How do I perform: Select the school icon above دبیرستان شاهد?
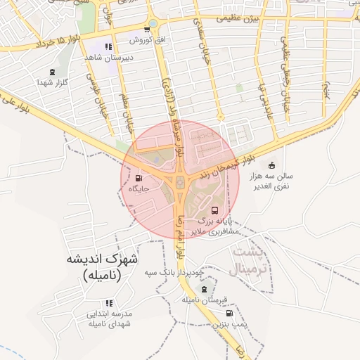tap(108, 46)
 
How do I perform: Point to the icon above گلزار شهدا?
tap(53, 71)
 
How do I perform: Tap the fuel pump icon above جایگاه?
tap(139, 178)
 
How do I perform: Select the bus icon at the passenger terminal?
tap(214, 210)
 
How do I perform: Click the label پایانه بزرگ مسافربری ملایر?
tap(213, 226)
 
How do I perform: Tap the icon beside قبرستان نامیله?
tap(205, 290)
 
